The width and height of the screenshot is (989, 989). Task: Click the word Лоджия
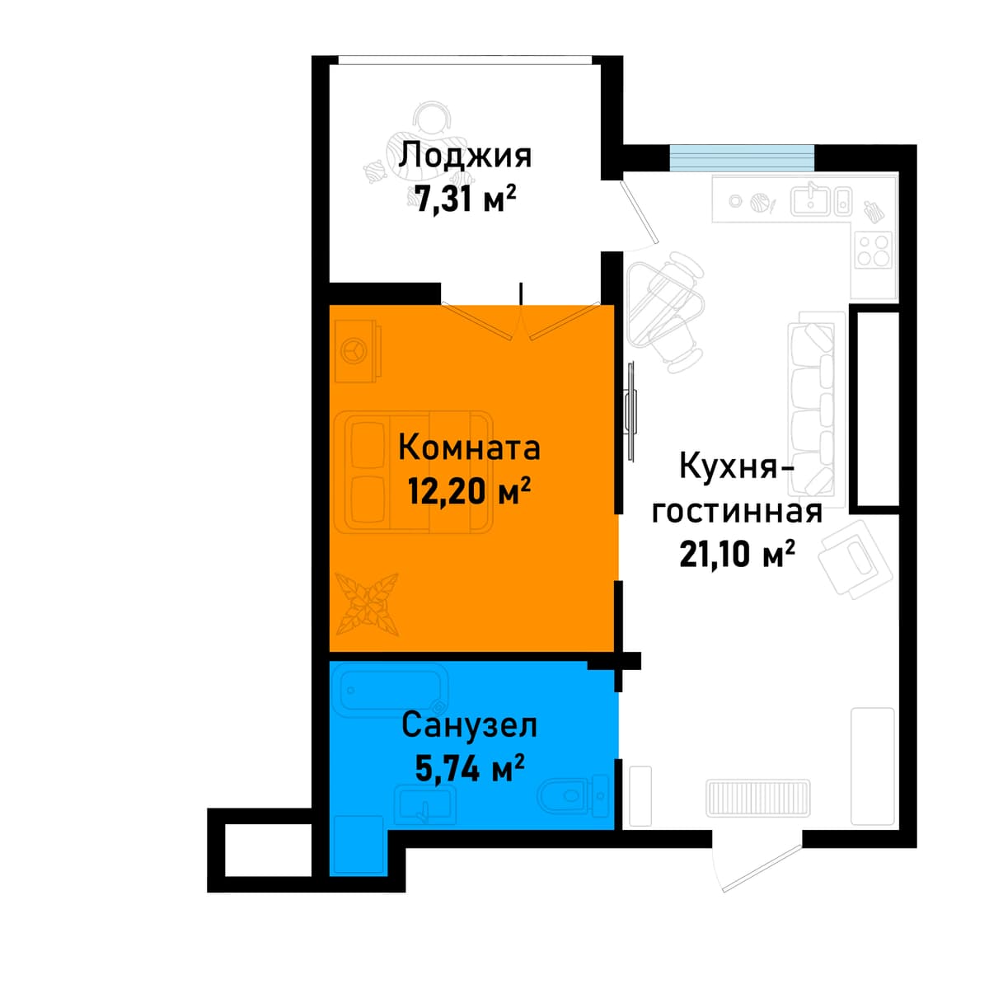click(466, 158)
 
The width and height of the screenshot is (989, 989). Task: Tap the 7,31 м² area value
click(466, 199)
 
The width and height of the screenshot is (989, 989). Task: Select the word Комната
click(469, 448)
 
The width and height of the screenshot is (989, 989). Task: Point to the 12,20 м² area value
click(469, 490)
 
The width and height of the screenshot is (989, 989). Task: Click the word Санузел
click(469, 726)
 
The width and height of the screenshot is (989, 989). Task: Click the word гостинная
click(737, 512)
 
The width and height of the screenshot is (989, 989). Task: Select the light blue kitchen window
click(742, 157)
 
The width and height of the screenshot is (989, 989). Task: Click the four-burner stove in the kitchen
click(874, 250)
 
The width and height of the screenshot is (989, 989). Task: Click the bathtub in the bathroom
click(391, 692)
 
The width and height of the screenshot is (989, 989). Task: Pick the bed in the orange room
click(413, 472)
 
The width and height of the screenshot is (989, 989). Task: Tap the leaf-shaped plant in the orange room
click(367, 604)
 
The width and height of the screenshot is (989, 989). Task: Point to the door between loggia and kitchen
click(638, 212)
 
